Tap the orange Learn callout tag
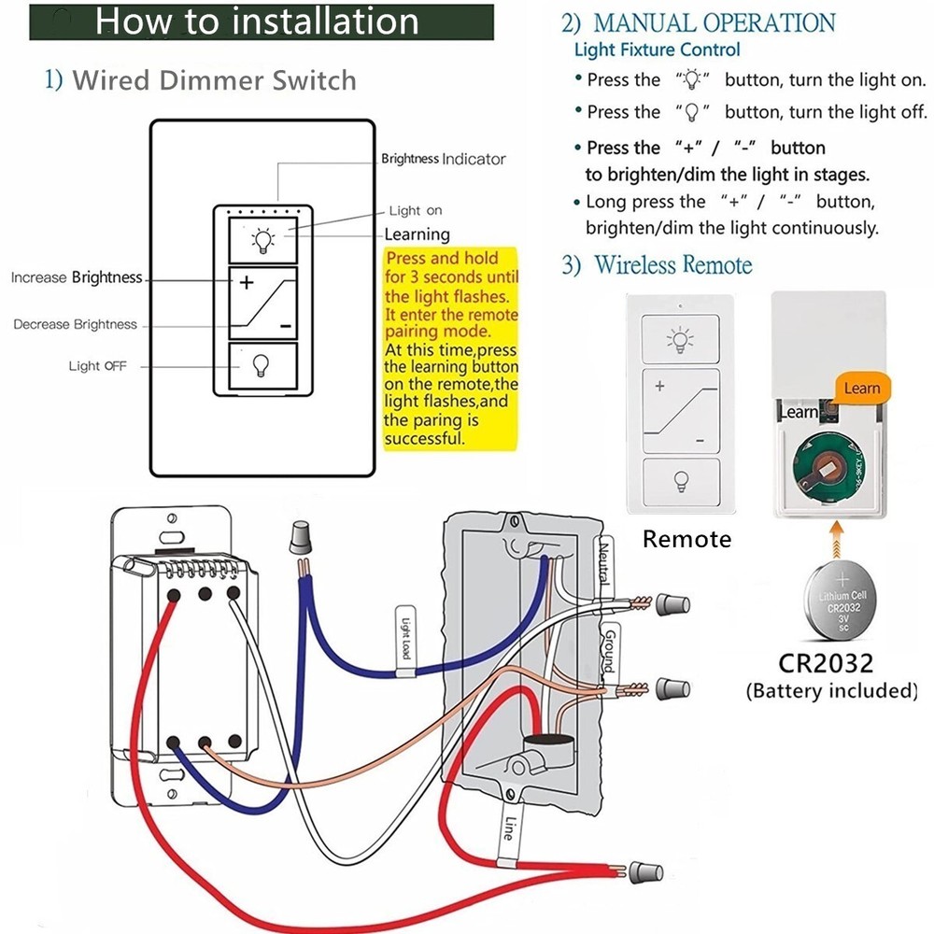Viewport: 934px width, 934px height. [x=861, y=388]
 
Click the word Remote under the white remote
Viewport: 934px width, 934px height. [x=686, y=539]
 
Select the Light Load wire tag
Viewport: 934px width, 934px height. [x=405, y=634]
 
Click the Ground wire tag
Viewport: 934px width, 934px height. [x=606, y=649]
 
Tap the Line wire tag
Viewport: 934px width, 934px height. [x=508, y=828]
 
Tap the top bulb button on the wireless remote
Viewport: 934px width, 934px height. [x=679, y=338]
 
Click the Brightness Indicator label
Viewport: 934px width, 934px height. [x=443, y=159]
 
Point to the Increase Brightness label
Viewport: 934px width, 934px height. [x=77, y=277]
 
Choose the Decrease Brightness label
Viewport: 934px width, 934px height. [x=75, y=324]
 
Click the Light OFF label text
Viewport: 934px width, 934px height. [x=97, y=365]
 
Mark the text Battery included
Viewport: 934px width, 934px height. [x=831, y=691]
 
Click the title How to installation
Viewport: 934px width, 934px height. [x=257, y=21]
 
